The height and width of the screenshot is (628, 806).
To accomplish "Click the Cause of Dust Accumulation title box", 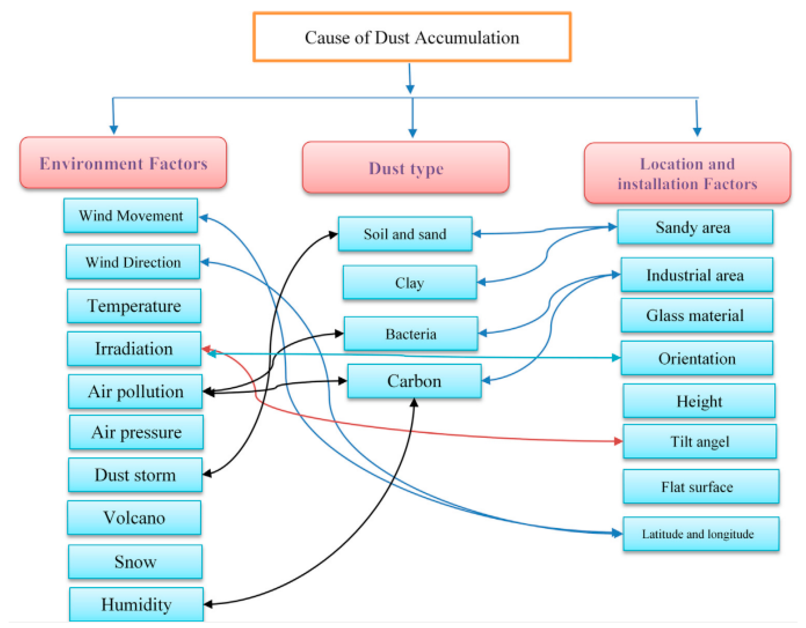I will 412,37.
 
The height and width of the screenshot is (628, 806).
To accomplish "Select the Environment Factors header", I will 123,163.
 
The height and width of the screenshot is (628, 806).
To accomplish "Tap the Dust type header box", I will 406,168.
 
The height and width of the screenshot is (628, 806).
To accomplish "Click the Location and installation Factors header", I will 687,173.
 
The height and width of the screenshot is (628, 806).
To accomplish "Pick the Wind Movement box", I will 131,216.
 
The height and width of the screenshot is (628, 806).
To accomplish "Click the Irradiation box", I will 134,349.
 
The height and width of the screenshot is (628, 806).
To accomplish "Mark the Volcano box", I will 134,518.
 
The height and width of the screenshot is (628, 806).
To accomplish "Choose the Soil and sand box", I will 405,234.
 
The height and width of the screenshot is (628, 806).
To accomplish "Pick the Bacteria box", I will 411,334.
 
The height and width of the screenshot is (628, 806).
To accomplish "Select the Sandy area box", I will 695,227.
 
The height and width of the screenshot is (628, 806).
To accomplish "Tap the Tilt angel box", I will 699,441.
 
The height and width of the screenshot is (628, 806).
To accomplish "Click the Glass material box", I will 696,315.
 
